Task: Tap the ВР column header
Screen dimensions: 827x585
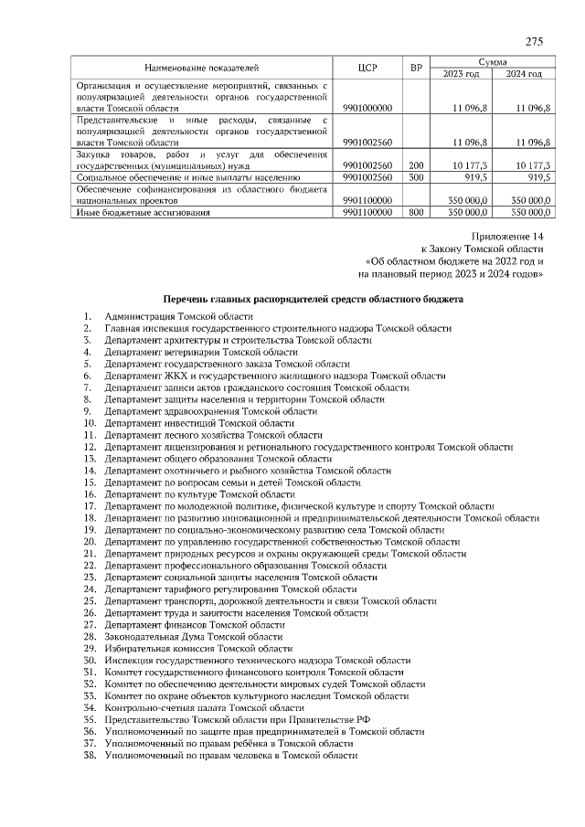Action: pos(416,68)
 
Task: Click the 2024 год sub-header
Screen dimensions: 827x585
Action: pos(523,74)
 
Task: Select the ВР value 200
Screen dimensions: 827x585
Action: pos(416,165)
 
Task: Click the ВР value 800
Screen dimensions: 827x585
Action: pos(416,212)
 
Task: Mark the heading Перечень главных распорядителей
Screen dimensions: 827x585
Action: pos(313,299)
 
